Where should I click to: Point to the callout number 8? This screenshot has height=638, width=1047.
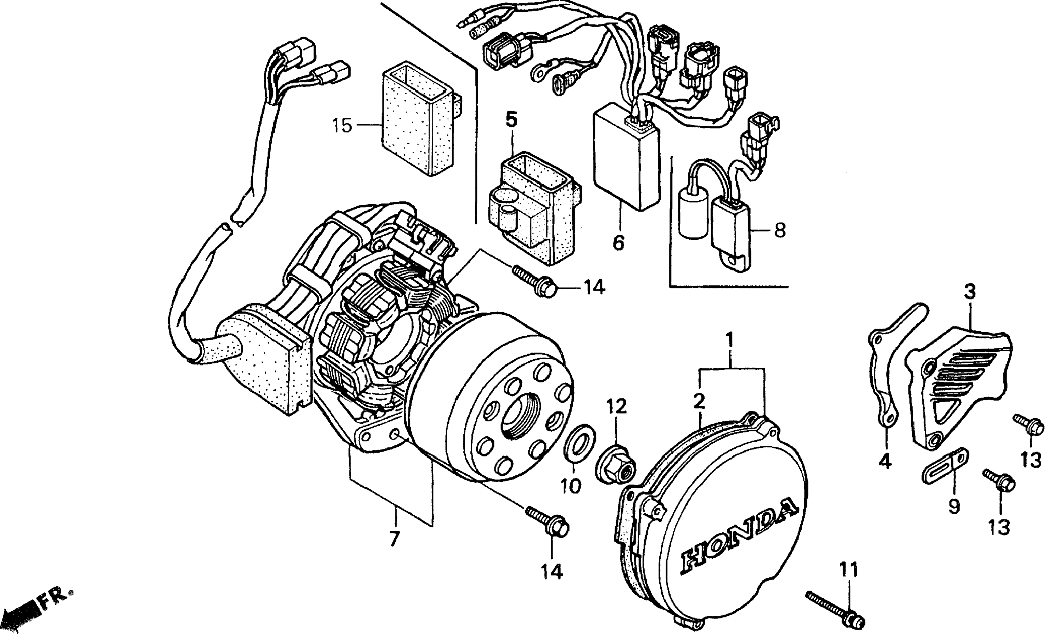click(780, 230)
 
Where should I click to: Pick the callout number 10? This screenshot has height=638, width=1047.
click(570, 485)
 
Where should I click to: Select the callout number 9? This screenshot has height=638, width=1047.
click(954, 506)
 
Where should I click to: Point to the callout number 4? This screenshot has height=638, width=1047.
click(885, 461)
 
